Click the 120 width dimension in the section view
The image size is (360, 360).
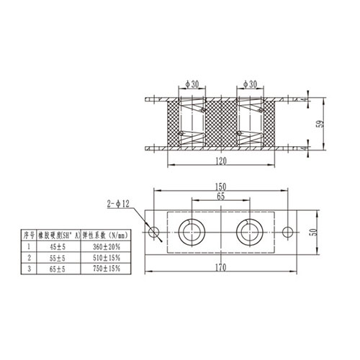(221, 161)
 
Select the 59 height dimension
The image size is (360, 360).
(320, 123)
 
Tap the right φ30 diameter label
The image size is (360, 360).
(251, 84)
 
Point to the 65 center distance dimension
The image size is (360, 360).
(220, 196)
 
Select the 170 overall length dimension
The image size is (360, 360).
(220, 268)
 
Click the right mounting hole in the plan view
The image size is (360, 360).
(287, 232)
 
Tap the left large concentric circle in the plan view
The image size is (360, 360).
(193, 232)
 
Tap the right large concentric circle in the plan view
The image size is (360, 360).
(249, 232)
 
